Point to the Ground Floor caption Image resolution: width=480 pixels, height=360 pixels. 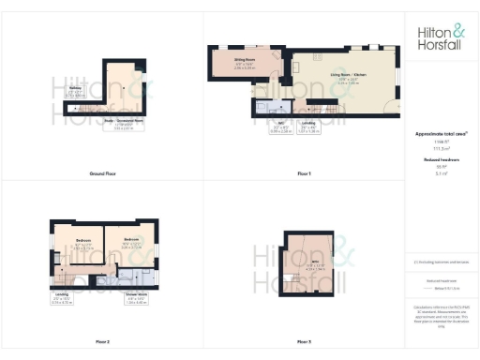pyautogui.click(x=102, y=174)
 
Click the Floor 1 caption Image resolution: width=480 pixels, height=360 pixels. pyautogui.click(x=303, y=174)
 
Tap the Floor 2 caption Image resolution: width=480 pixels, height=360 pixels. pyautogui.click(x=102, y=343)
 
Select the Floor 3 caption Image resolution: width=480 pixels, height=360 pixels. pyautogui.click(x=303, y=343)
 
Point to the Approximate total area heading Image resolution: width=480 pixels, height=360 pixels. pyautogui.click(x=441, y=134)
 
